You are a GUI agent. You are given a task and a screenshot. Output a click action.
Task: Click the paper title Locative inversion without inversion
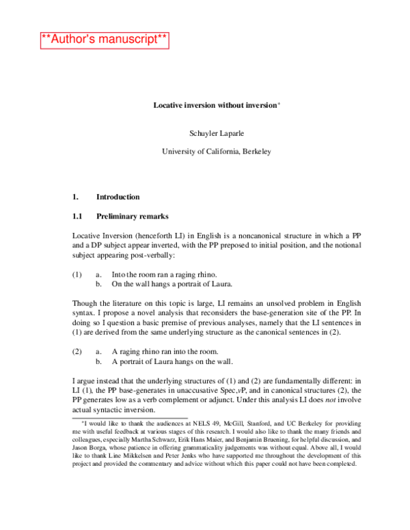(x=215, y=106)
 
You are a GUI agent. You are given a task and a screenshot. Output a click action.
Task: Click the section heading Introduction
(x=118, y=197)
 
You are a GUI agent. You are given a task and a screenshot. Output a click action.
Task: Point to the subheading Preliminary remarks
(x=132, y=217)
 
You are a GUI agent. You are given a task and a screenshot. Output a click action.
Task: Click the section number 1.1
(x=77, y=217)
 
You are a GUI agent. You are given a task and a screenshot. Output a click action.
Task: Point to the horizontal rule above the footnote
(x=129, y=417)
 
